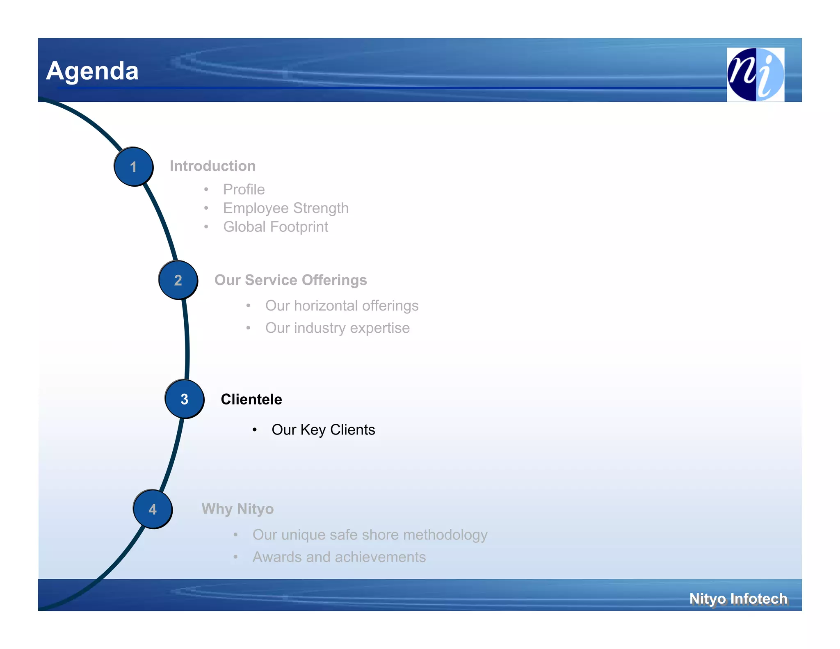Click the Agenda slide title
(92, 71)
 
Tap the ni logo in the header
(755, 74)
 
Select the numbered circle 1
(133, 167)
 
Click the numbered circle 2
(178, 280)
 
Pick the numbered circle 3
(185, 399)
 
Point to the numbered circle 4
(153, 509)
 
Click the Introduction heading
(212, 166)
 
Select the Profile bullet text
(244, 190)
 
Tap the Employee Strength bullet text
(285, 208)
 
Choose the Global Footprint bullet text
(275, 227)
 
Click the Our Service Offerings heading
(290, 280)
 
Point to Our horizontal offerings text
(342, 306)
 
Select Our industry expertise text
(337, 328)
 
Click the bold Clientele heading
(251, 399)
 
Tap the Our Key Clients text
(323, 430)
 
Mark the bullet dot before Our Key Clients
(255, 430)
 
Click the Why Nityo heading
(237, 509)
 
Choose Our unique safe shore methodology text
(370, 535)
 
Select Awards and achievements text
(339, 557)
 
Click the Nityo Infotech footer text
(738, 599)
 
